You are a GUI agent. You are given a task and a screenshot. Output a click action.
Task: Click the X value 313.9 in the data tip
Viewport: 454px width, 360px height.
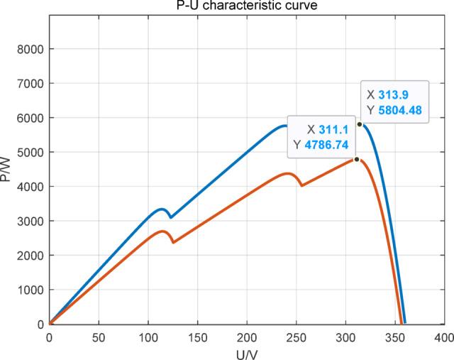(x=398, y=94)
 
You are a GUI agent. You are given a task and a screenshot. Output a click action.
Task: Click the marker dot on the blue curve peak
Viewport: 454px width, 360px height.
(x=359, y=124)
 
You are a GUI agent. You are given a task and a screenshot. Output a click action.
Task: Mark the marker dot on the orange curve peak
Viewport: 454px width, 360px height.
(x=356, y=159)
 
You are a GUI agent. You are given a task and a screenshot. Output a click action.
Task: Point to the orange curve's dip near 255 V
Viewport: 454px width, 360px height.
(x=302, y=185)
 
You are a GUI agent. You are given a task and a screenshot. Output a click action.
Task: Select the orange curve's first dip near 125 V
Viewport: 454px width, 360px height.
(x=172, y=243)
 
